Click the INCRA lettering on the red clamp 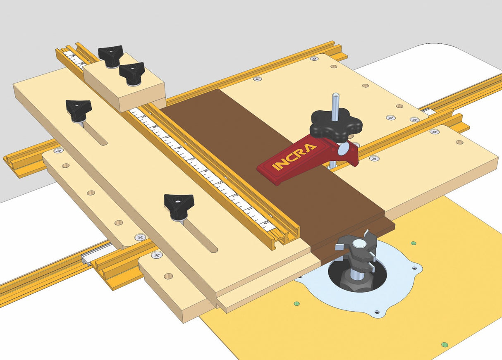pos(295,157)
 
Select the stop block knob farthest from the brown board pos(110,55)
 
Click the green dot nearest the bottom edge pos(445,344)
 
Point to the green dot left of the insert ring pos(296,304)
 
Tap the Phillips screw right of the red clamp pos(374,158)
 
